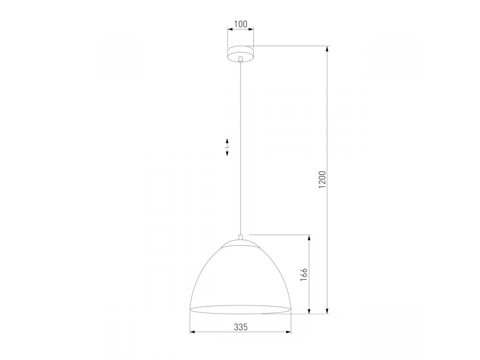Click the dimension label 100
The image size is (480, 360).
click(x=240, y=24)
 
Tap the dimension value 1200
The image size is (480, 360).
click(x=322, y=180)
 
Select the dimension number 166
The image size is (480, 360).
click(x=304, y=274)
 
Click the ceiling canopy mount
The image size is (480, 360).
click(x=240, y=54)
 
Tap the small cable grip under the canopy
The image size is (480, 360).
click(x=240, y=60)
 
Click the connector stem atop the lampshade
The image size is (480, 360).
click(x=240, y=238)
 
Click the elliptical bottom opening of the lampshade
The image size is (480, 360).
click(x=240, y=310)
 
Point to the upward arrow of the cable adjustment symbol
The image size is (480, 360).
click(x=227, y=140)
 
